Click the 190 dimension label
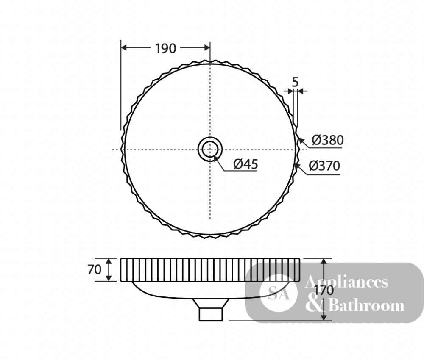[165, 49]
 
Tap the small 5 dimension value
[295, 82]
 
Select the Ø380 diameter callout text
[327, 140]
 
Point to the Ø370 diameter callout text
[324, 166]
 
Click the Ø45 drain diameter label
[245, 164]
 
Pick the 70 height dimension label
[95, 269]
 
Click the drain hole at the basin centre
[210, 149]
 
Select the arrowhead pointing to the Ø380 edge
[301, 141]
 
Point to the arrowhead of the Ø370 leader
[298, 166]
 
